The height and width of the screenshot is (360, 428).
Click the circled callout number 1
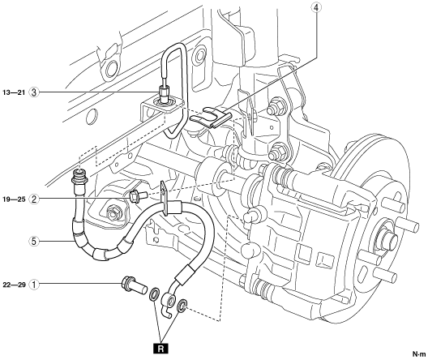(34, 285)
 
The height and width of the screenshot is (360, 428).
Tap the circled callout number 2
(34, 199)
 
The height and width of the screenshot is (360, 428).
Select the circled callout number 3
(34, 92)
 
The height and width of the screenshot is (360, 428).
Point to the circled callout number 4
(316, 7)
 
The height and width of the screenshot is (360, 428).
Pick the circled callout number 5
(34, 241)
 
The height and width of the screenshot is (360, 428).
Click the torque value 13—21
(14, 92)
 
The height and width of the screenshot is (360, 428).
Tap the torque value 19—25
(14, 199)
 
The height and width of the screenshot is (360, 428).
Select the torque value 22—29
(14, 285)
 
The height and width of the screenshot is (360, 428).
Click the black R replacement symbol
(161, 349)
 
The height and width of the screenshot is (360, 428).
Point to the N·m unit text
(419, 354)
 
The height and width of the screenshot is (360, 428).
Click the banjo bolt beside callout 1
(134, 286)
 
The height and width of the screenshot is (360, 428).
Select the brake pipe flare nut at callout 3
(164, 93)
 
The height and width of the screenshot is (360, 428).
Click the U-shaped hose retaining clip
(211, 118)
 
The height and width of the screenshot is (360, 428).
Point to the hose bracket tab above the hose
(164, 195)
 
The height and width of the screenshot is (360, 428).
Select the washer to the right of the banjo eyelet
(182, 306)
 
